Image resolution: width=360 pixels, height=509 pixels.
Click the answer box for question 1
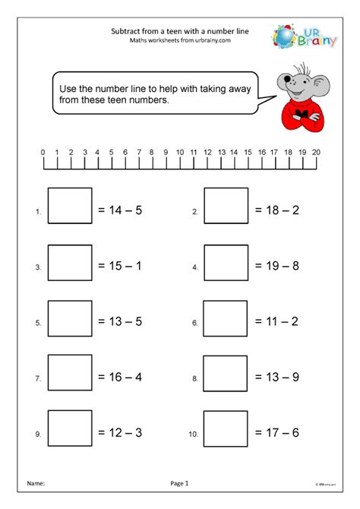[x=70, y=206]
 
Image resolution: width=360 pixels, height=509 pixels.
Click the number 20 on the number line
[x=316, y=151]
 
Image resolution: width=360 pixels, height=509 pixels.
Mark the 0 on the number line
[x=43, y=151]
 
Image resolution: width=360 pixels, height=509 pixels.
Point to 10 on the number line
[x=180, y=151]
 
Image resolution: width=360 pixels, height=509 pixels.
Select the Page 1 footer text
[x=179, y=482]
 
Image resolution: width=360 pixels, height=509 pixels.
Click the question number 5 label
[x=37, y=324]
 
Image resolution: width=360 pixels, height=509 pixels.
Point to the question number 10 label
[x=193, y=435]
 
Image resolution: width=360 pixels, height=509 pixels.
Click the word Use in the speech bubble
[x=68, y=88]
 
